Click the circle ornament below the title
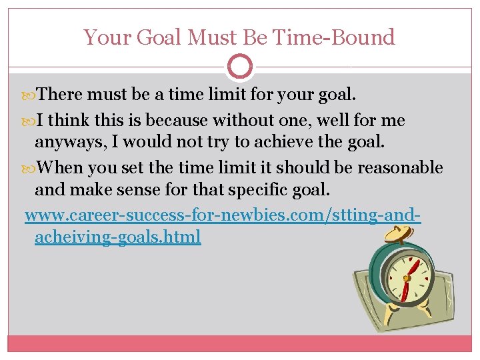(x=240, y=67)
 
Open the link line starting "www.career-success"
(x=223, y=215)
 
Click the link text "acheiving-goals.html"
(x=117, y=237)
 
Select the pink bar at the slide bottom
(x=240, y=343)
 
